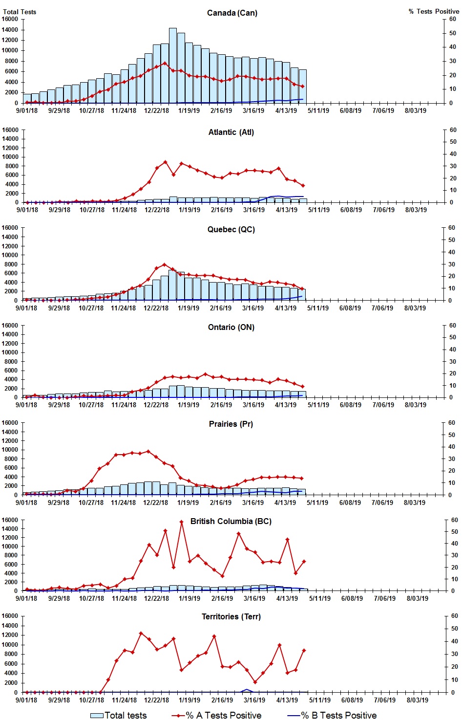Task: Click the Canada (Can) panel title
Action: pyautogui.click(x=232, y=13)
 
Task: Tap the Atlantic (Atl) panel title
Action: pyautogui.click(x=231, y=132)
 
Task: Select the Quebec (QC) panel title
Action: pyautogui.click(x=231, y=229)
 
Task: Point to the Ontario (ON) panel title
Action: pyautogui.click(x=231, y=327)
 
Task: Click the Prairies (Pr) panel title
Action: pyautogui.click(x=231, y=424)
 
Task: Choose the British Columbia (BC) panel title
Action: pyautogui.click(x=231, y=521)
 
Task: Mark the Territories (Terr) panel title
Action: pyautogui.click(x=231, y=616)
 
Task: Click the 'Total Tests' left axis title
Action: pyautogui.click(x=20, y=11)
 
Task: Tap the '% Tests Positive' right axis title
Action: pyautogui.click(x=434, y=11)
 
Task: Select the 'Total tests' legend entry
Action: pyautogui.click(x=119, y=715)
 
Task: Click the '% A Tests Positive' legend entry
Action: pyautogui.click(x=216, y=715)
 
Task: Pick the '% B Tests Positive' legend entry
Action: pyautogui.click(x=332, y=715)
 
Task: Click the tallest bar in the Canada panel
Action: pyautogui.click(x=173, y=66)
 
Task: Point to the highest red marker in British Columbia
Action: pyautogui.click(x=181, y=522)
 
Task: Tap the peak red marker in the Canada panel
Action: pyautogui.click(x=165, y=63)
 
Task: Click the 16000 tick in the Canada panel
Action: pyautogui.click(x=10, y=19)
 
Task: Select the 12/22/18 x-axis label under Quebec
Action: pyautogui.click(x=156, y=308)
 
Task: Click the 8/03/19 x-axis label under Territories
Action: pyautogui.click(x=417, y=700)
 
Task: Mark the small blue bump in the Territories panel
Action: pyautogui.click(x=247, y=690)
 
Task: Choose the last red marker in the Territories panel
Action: pyautogui.click(x=304, y=650)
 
